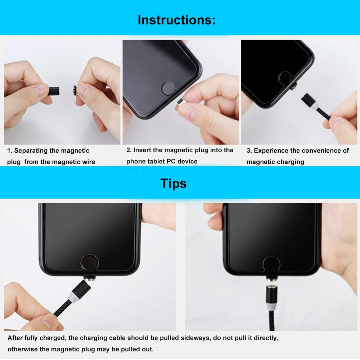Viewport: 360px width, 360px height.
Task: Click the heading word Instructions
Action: [x=176, y=20]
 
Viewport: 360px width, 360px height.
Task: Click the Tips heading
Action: [x=174, y=184]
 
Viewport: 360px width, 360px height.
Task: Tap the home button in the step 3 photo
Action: [x=285, y=78]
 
